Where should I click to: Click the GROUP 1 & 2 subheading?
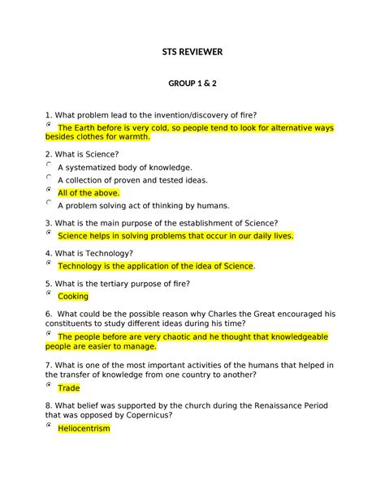(x=192, y=84)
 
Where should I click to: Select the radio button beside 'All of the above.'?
(x=50, y=191)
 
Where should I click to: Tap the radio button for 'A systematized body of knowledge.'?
(x=50, y=165)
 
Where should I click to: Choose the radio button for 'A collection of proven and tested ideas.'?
(x=50, y=178)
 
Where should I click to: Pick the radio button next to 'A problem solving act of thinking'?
(x=50, y=204)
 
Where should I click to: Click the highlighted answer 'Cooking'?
(x=73, y=297)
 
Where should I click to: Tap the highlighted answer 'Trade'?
(x=69, y=388)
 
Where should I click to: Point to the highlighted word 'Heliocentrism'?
(x=84, y=428)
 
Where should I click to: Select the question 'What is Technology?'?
(x=95, y=253)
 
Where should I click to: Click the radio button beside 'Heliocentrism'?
(x=50, y=425)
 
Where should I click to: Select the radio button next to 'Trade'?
(x=50, y=385)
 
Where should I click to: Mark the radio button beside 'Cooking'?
(x=50, y=293)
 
